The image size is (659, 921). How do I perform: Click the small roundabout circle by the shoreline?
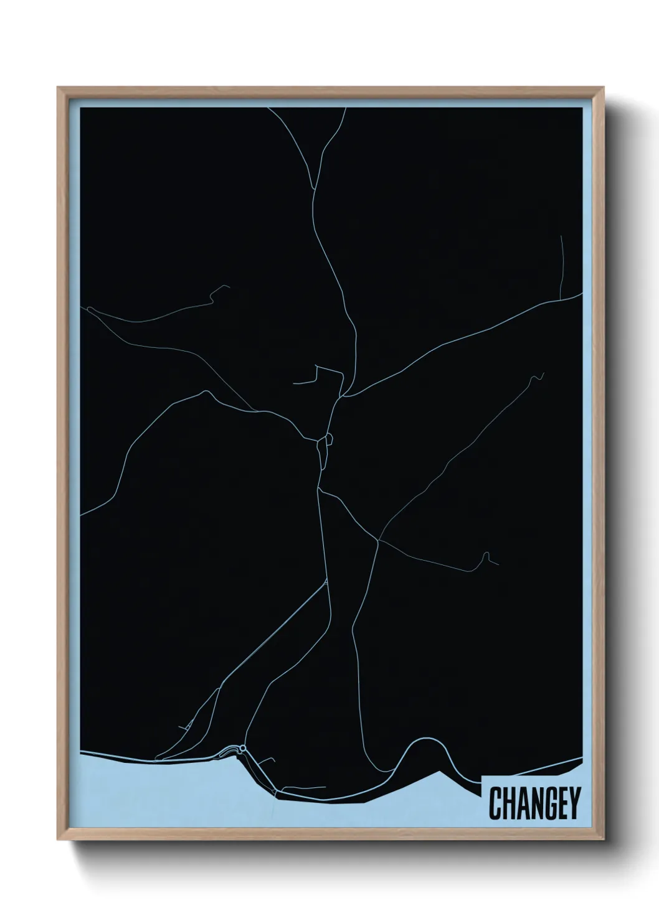(x=243, y=748)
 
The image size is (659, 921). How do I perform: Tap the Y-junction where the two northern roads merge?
(x=316, y=187)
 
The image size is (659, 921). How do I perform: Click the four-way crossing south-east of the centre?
(x=378, y=540)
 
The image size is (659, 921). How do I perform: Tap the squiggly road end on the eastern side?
(x=537, y=377)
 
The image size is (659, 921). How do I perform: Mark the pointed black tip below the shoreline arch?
(x=441, y=772)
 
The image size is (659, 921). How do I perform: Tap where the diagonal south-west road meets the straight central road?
(x=326, y=584)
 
